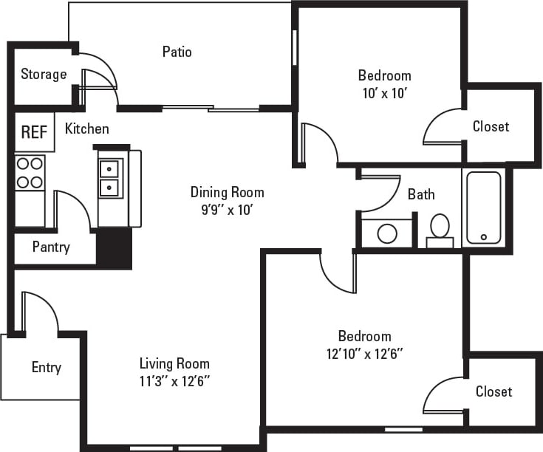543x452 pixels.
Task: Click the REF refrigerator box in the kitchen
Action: (x=34, y=132)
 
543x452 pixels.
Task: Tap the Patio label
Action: (x=177, y=52)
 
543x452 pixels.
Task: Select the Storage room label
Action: (x=44, y=74)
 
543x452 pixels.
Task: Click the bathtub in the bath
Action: (x=483, y=208)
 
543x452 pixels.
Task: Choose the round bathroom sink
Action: (x=387, y=233)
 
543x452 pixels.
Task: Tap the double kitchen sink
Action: (x=110, y=178)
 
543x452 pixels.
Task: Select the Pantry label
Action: (x=51, y=247)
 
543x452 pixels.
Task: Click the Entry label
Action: (x=46, y=367)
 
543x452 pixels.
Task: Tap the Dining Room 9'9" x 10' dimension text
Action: (x=227, y=209)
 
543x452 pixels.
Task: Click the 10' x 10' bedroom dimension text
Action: (x=384, y=93)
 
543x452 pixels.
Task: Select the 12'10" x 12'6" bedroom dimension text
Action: (x=365, y=354)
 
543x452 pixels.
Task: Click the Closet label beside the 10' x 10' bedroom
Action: (x=491, y=126)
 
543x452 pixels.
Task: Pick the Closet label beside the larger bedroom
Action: (x=494, y=391)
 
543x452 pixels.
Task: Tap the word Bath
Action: (x=421, y=194)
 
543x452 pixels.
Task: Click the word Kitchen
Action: (x=87, y=129)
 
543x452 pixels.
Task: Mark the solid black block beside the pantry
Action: (x=115, y=247)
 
